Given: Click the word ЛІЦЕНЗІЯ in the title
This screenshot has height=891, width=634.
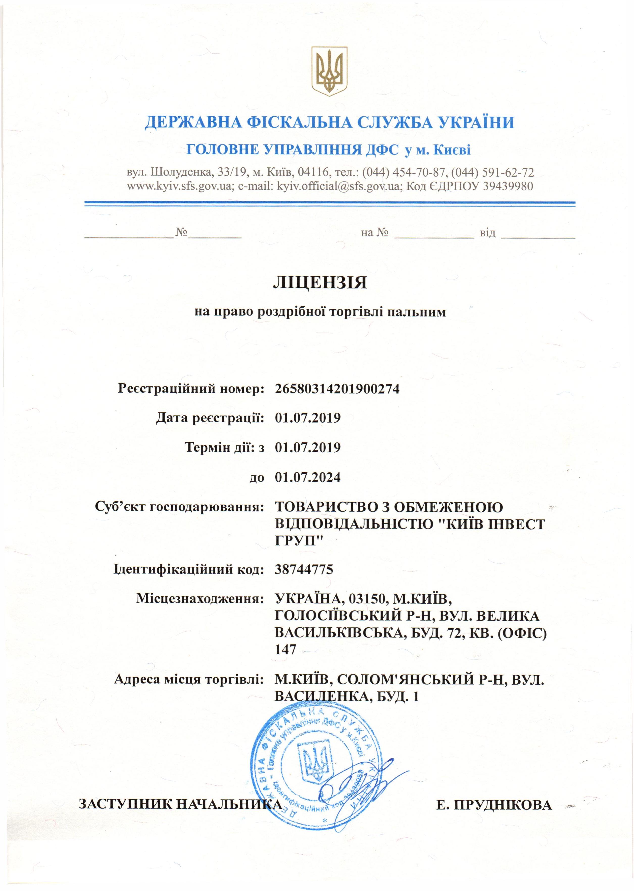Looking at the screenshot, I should coord(320,283).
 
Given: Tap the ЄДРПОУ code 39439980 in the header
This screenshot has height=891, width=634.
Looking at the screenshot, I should coord(508,186).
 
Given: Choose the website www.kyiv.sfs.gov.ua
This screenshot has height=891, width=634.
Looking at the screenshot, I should coord(180,186).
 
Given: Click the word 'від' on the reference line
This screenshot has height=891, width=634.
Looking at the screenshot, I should coord(487,233).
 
